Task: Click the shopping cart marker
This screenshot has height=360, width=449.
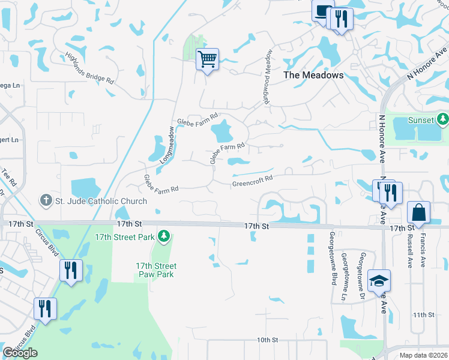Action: point(207,59)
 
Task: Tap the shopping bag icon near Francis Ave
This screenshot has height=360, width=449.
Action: point(418,212)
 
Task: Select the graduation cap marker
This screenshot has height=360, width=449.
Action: point(379,281)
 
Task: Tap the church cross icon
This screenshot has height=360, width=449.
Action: point(46,200)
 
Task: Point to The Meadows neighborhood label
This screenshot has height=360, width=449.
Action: point(313,75)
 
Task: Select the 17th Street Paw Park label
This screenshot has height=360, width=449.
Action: point(156,270)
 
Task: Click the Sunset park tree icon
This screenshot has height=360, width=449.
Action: point(443,119)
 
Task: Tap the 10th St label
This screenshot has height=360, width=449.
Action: point(267,340)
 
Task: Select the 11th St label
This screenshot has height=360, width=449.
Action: point(423,314)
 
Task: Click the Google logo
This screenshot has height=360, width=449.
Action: point(20,353)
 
